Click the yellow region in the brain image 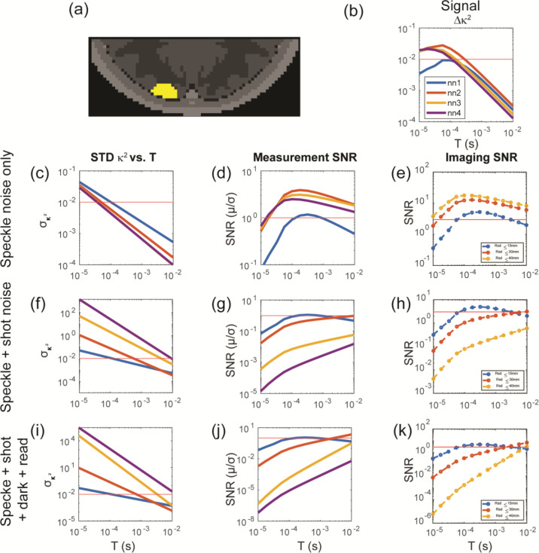[x=165, y=91]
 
